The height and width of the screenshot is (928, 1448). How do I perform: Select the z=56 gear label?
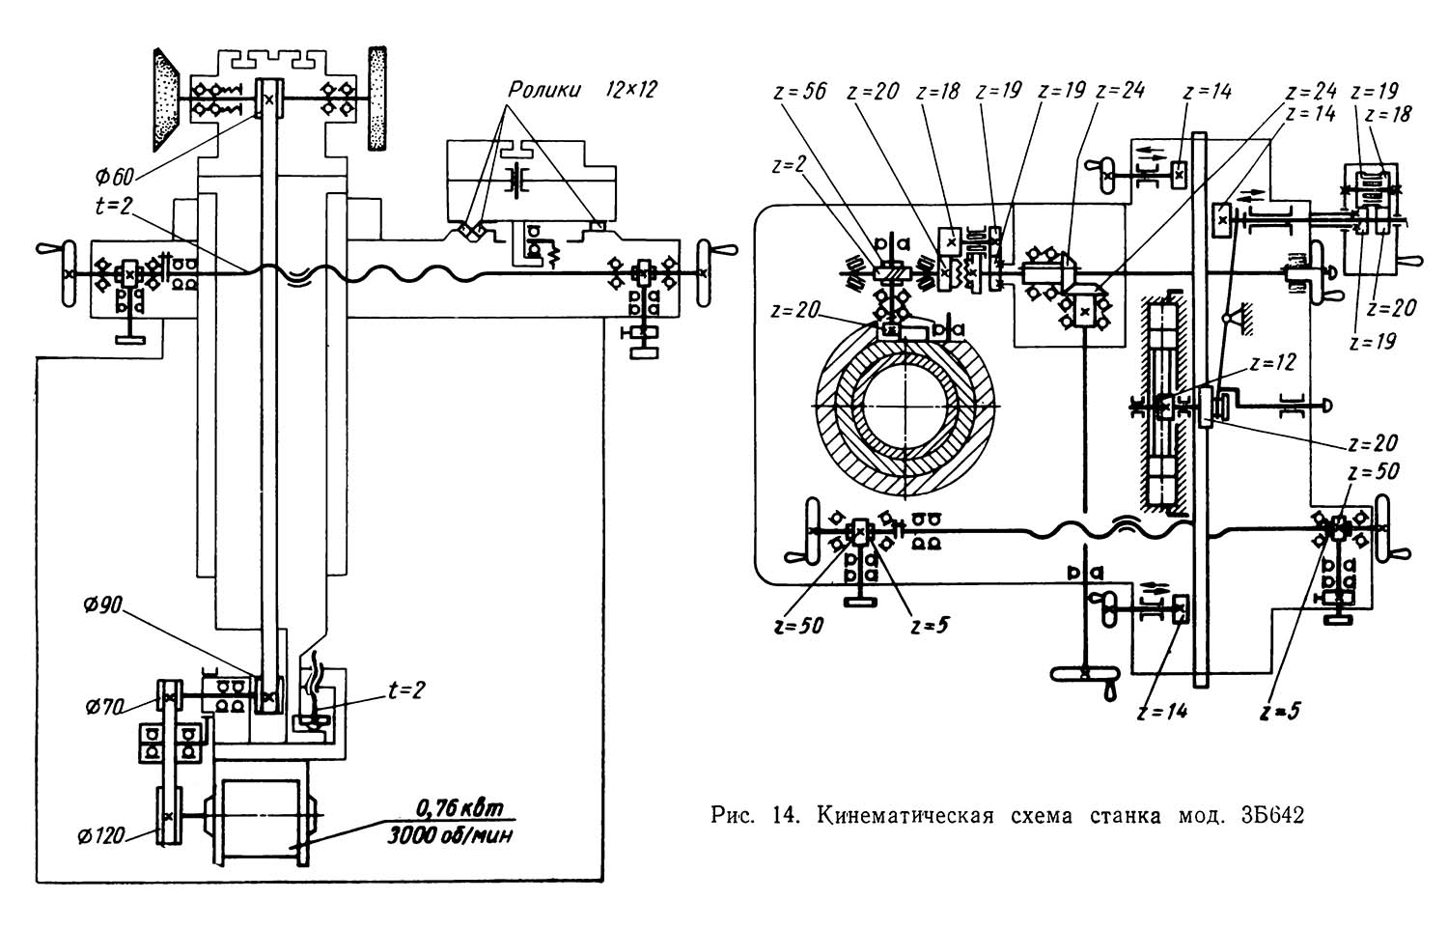(x=800, y=92)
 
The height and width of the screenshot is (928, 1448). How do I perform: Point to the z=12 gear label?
(x=1273, y=364)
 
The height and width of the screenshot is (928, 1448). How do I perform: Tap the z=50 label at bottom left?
(x=797, y=625)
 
